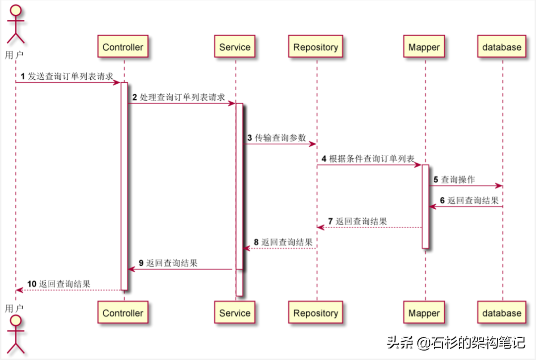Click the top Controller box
coord(123,48)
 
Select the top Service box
coord(235,48)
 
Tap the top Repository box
coord(316,48)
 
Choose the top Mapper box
coord(424,48)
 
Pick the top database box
coord(502,48)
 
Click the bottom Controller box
coord(123,313)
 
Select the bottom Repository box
coord(316,313)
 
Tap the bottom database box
coord(502,313)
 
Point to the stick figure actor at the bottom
coord(15,335)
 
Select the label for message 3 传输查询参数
coord(277,138)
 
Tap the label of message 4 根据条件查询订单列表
coord(368,159)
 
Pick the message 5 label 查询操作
coord(454,180)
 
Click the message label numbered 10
coord(59,284)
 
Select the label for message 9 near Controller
coord(168,263)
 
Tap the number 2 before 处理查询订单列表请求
coord(134,98)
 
